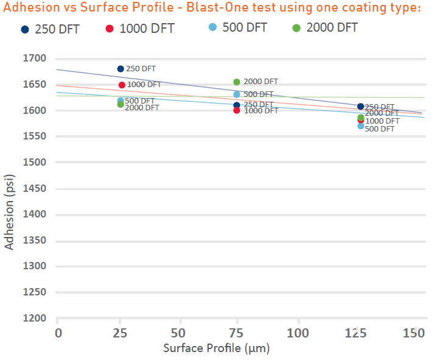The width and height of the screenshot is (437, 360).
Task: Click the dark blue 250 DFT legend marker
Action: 25,29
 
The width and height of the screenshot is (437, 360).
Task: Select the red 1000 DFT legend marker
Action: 110,29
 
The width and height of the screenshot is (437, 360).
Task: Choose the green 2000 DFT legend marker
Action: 296,28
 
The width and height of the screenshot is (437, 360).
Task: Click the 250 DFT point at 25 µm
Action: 121,69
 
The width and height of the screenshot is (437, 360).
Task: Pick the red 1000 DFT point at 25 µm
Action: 122,85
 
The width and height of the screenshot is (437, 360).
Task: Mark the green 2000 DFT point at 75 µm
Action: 237,82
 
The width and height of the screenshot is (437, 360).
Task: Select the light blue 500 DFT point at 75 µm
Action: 237,94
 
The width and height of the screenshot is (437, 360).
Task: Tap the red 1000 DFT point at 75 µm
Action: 237,110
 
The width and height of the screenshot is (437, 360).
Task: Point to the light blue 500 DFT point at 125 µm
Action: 361,125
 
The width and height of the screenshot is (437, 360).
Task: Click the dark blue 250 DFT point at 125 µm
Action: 360,107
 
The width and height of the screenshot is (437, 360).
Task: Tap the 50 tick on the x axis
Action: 179,333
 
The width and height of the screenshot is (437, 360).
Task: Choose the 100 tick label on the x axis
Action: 298,333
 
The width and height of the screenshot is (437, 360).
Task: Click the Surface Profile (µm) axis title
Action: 216,349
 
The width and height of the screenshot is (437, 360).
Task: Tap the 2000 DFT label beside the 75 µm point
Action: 260,82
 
